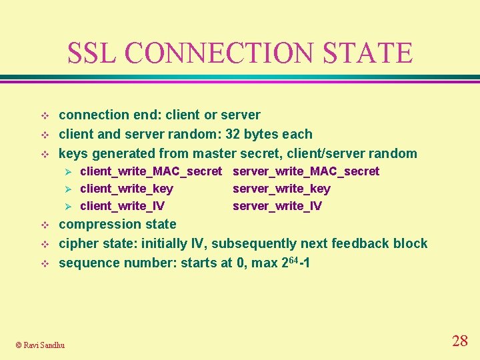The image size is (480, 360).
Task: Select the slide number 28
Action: coord(459,341)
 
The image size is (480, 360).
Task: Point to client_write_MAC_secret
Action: coord(151,171)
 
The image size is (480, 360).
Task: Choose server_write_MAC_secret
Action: coord(305,171)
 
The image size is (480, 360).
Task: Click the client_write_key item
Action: coord(127,189)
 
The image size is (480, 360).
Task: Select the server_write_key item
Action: coord(281,189)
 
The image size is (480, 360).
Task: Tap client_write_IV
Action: coord(123,206)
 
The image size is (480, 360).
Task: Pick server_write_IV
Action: coord(277,206)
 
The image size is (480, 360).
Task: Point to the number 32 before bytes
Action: coord(234,134)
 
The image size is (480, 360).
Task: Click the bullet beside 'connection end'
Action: coord(45,115)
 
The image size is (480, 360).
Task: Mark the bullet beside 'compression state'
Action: coord(45,225)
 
